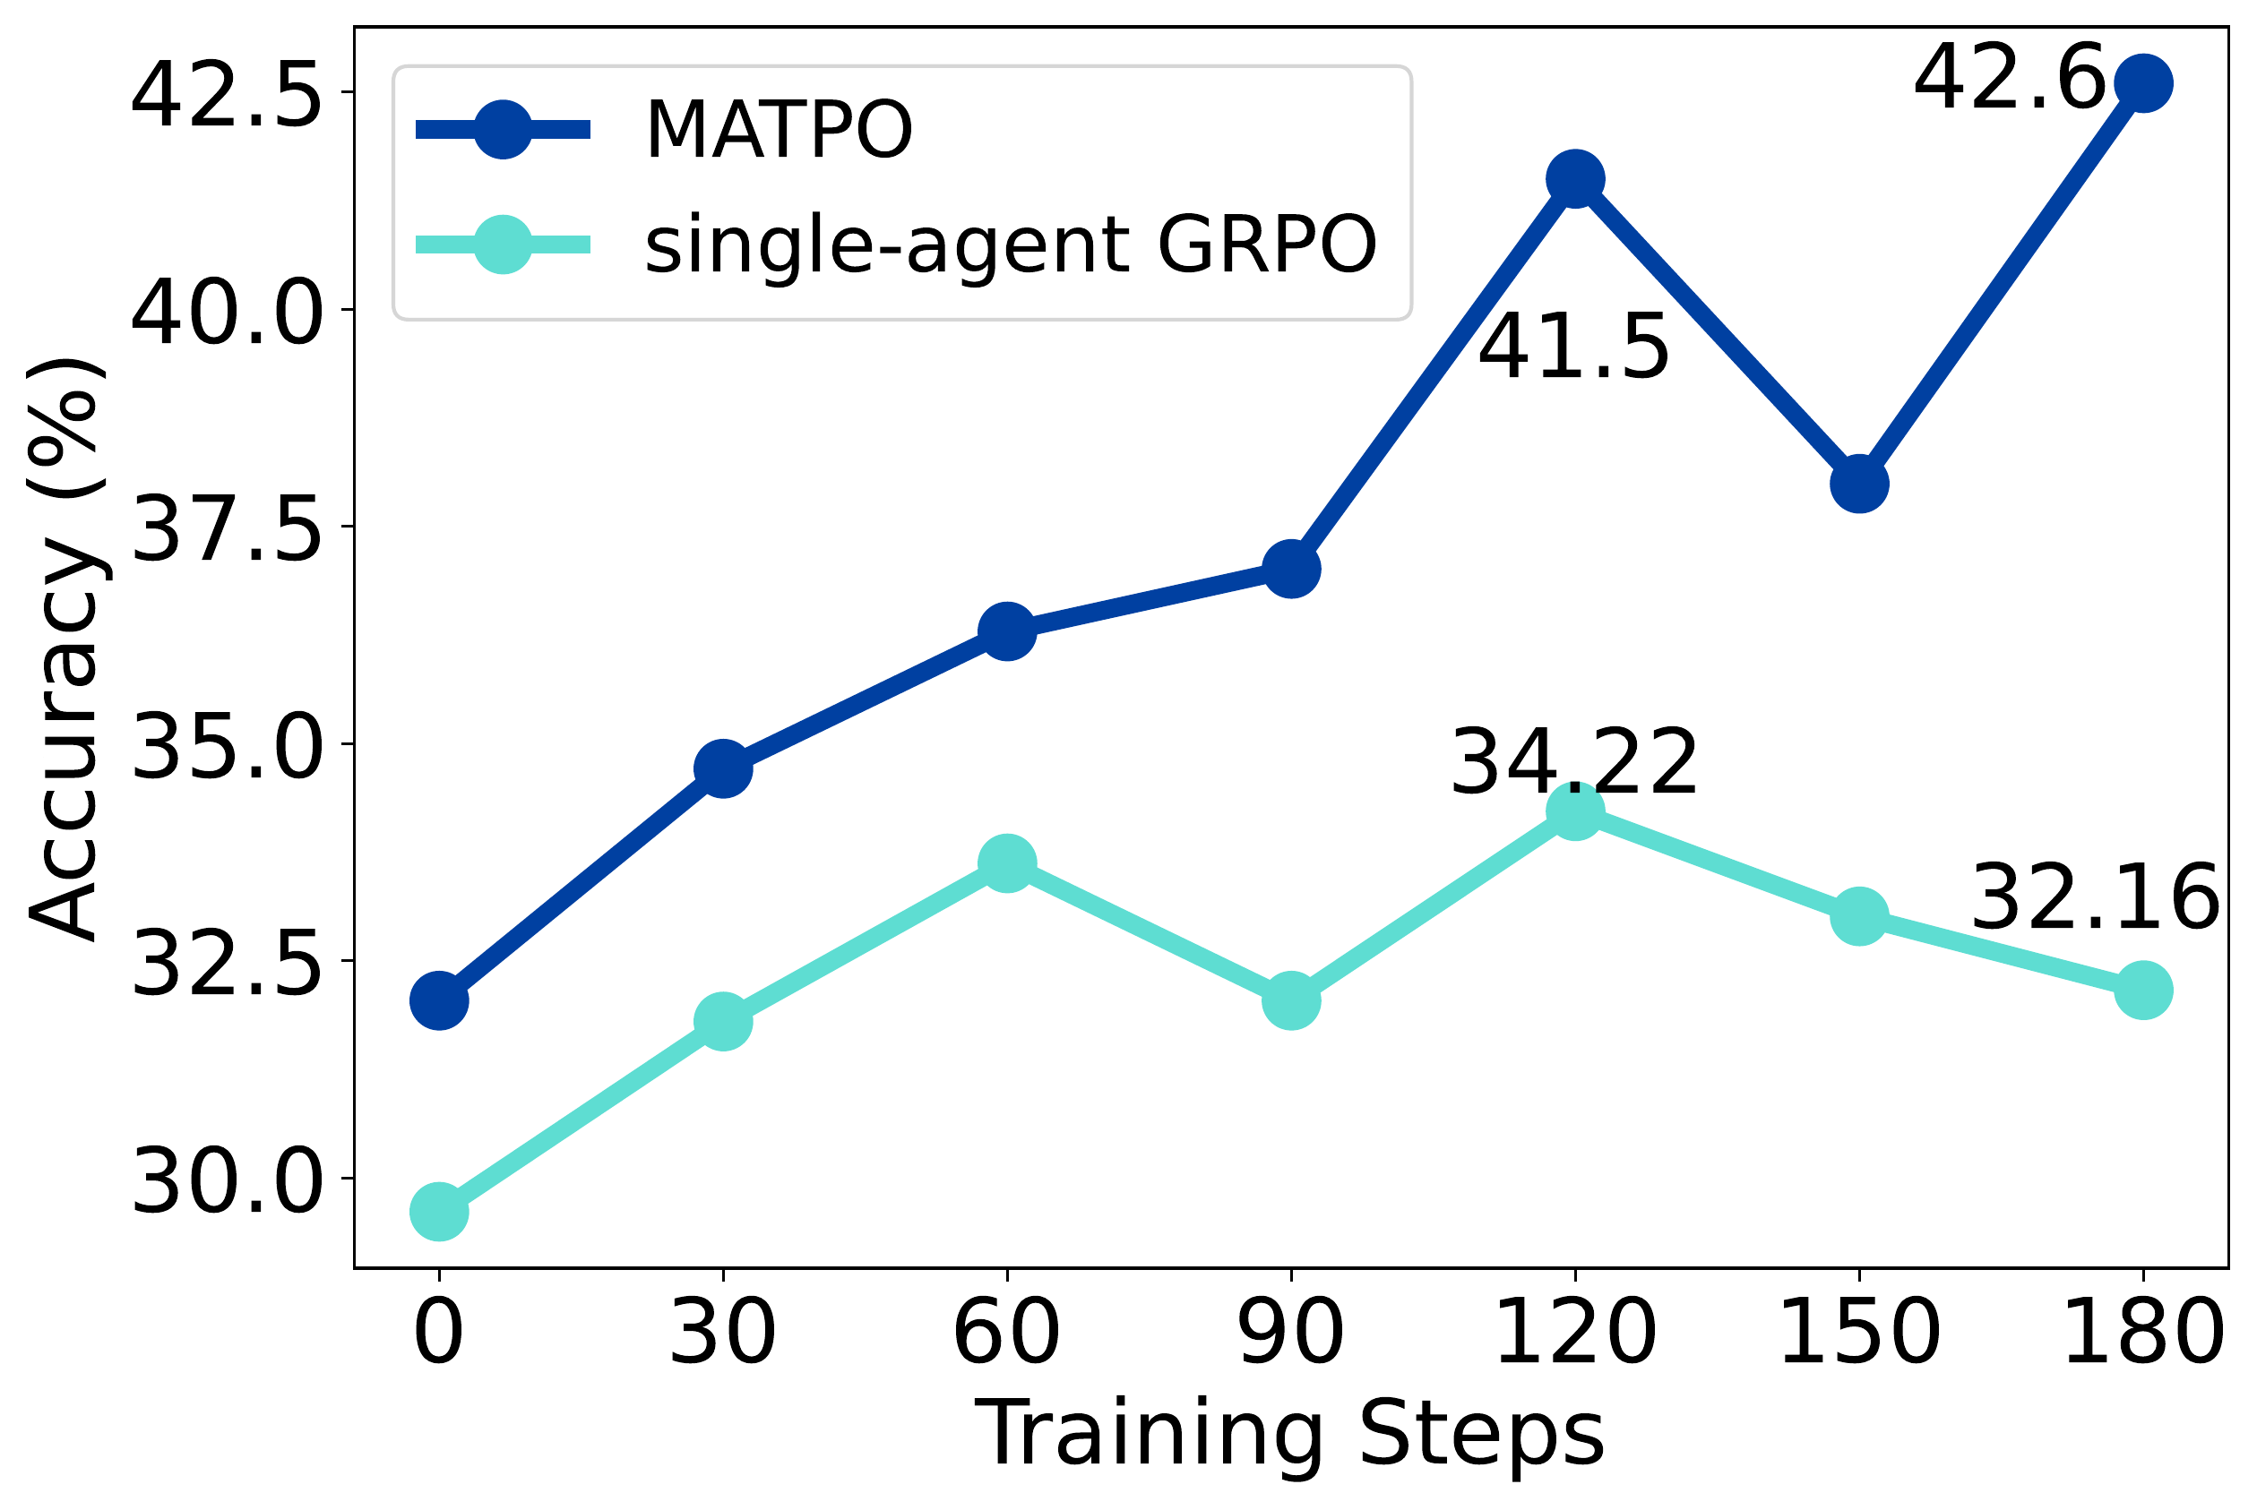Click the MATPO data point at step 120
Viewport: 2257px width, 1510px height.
1574,178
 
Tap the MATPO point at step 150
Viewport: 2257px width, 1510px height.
1858,484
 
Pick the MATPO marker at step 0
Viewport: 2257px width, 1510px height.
439,1000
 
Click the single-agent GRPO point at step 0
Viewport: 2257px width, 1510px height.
439,1212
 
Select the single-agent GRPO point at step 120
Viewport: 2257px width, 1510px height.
1574,811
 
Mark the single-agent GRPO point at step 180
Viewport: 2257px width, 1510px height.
2142,990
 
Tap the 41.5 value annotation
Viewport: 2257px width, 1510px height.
1573,348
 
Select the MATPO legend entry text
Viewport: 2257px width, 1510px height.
779,130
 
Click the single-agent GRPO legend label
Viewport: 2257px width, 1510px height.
1011,245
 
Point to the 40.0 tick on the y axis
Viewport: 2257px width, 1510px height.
225,313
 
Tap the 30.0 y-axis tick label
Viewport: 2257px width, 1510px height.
225,1182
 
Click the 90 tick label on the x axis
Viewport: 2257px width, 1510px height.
1291,1334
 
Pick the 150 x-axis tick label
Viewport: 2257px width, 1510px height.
1858,1334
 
